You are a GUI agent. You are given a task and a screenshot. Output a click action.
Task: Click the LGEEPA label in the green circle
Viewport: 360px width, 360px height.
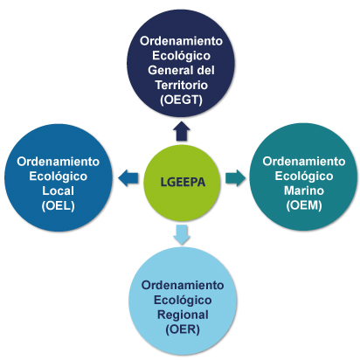point(183,182)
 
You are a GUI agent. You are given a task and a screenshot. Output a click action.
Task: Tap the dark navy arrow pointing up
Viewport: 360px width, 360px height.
point(182,131)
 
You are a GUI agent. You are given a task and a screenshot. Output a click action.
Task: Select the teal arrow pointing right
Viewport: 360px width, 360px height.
point(235,177)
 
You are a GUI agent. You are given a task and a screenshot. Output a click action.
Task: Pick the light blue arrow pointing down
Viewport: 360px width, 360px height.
point(182,234)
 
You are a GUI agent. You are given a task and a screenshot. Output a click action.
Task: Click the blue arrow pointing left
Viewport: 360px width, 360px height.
point(128,177)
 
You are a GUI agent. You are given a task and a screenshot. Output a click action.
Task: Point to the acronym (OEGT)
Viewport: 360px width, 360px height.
point(181,100)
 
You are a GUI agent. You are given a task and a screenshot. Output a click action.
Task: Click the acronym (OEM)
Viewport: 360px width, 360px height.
point(304,205)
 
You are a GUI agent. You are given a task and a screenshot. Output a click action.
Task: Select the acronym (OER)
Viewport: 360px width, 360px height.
point(183,329)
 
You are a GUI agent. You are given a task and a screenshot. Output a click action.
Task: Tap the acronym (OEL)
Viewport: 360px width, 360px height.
point(59,205)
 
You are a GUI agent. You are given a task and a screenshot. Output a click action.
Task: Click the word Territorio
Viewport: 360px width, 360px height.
point(181,85)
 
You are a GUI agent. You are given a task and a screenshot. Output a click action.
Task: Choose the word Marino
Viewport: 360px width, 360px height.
point(304,190)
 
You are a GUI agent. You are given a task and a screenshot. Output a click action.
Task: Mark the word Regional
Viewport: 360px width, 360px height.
point(183,315)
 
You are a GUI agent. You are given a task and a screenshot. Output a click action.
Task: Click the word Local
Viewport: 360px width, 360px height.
point(59,190)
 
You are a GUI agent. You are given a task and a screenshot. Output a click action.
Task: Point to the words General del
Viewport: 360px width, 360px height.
point(181,70)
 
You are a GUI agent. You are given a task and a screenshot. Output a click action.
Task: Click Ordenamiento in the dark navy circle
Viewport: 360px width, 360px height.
point(181,41)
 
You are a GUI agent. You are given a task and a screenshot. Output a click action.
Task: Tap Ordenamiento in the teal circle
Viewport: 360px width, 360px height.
point(304,161)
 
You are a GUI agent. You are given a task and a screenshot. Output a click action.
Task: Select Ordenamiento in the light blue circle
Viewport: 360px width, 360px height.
point(183,285)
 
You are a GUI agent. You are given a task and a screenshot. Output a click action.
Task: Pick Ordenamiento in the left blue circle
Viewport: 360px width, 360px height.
point(59,162)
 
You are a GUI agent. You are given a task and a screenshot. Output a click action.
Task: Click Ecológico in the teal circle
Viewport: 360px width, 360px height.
point(304,176)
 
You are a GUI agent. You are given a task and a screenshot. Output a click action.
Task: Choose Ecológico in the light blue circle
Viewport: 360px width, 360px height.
point(183,300)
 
